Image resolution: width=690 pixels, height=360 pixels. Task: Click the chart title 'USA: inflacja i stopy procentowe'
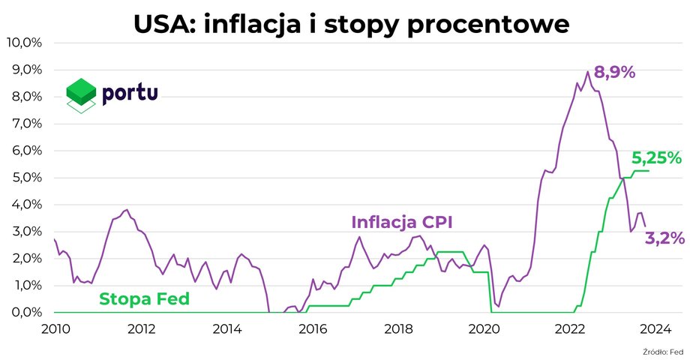click(x=351, y=24)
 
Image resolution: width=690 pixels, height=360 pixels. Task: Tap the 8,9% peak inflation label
click(x=614, y=73)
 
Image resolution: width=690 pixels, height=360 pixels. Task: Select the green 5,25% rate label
click(x=656, y=158)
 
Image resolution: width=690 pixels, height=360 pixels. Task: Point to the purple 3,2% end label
click(x=664, y=238)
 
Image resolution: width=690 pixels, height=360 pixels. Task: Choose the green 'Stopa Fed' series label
click(x=144, y=299)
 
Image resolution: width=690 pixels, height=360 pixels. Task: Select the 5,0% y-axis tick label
click(x=26, y=178)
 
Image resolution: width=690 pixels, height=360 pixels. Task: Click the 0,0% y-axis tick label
click(x=26, y=313)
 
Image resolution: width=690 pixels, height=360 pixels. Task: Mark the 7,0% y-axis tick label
click(x=26, y=124)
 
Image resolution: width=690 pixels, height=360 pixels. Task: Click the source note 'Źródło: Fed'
click(x=663, y=351)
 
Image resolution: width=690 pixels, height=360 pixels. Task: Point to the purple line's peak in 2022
click(x=587, y=72)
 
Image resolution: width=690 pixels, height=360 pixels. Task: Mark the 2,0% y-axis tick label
click(x=26, y=259)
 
